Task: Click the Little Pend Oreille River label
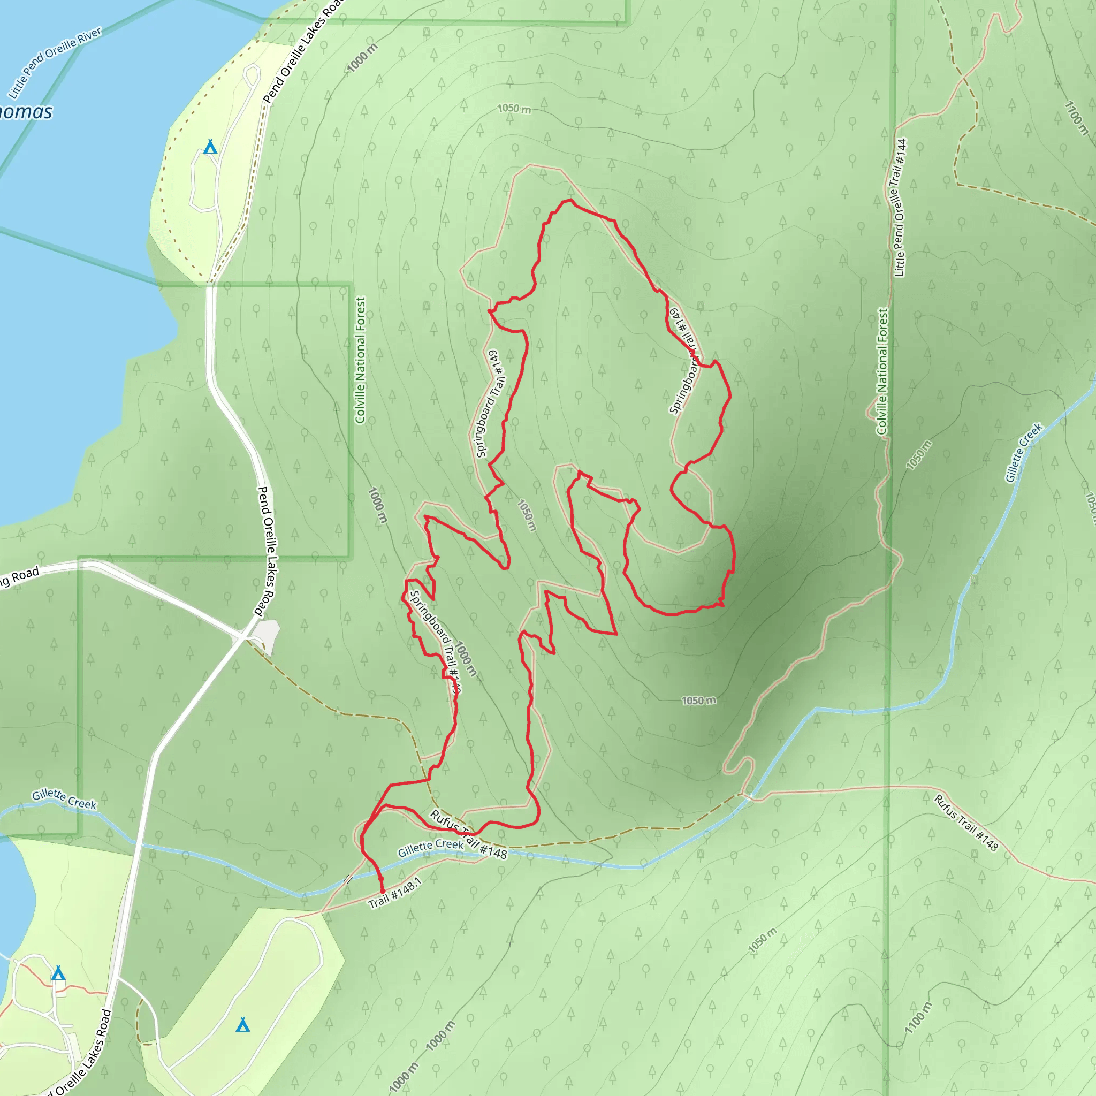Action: click(55, 62)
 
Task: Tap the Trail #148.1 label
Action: click(395, 892)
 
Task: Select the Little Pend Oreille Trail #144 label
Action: click(900, 208)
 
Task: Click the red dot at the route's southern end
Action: click(382, 891)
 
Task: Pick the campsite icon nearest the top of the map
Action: click(210, 147)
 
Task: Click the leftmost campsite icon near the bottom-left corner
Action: click(58, 973)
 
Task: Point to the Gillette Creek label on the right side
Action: click(1024, 453)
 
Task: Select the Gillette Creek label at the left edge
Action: click(64, 800)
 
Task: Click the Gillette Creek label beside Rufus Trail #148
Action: click(431, 848)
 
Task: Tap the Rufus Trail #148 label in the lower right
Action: click(965, 823)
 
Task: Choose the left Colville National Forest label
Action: click(360, 360)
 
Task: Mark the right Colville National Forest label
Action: click(882, 371)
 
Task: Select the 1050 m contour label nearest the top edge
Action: click(514, 108)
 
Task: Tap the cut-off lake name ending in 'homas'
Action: click(26, 112)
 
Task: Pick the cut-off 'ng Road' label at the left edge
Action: click(20, 577)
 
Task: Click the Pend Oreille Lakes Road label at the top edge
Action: click(304, 51)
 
